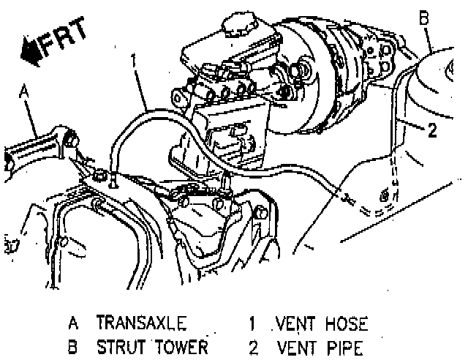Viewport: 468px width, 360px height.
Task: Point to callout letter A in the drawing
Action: tap(23, 91)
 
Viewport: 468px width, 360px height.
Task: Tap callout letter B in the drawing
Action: tap(423, 14)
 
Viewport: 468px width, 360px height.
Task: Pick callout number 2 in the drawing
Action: tap(432, 132)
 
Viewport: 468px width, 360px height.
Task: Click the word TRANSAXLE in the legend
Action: tap(139, 323)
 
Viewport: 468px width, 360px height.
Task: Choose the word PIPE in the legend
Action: tap(341, 346)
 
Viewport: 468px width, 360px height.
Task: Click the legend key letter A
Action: tap(73, 323)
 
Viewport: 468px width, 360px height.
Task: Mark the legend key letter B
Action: tap(73, 346)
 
